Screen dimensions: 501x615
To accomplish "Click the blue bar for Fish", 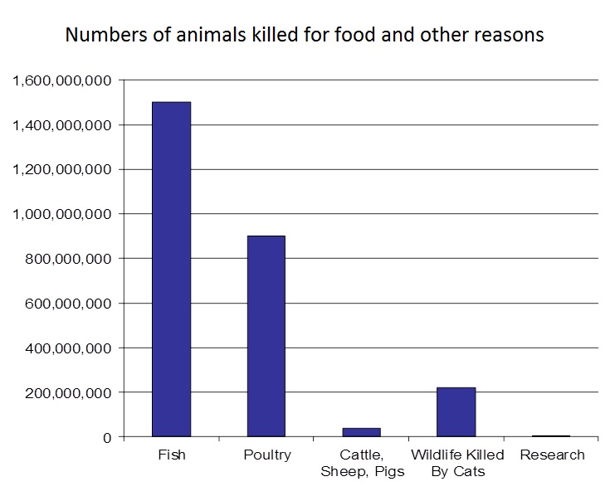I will tap(171, 269).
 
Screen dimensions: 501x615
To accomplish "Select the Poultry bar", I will tap(266, 336).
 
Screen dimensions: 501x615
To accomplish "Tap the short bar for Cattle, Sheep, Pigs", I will tap(361, 432).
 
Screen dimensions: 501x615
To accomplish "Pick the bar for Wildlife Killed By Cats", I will tap(456, 411).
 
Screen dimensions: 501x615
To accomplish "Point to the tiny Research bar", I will tap(551, 435).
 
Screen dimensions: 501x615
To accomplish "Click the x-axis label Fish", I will tap(171, 455).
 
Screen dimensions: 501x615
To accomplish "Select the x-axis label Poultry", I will tap(266, 455).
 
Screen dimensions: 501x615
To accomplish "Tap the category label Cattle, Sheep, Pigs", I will tap(361, 463).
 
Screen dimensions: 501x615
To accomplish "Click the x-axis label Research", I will tap(552, 455).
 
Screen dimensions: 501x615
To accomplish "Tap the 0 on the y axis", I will tap(105, 437).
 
